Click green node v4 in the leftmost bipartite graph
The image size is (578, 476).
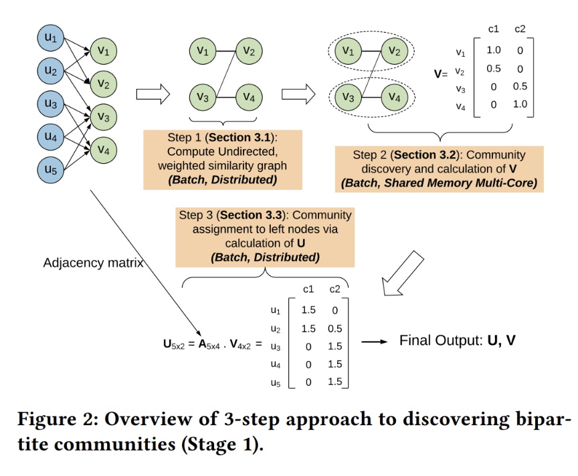102,149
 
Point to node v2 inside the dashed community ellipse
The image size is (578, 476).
395,50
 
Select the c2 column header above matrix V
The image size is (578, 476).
520,29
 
